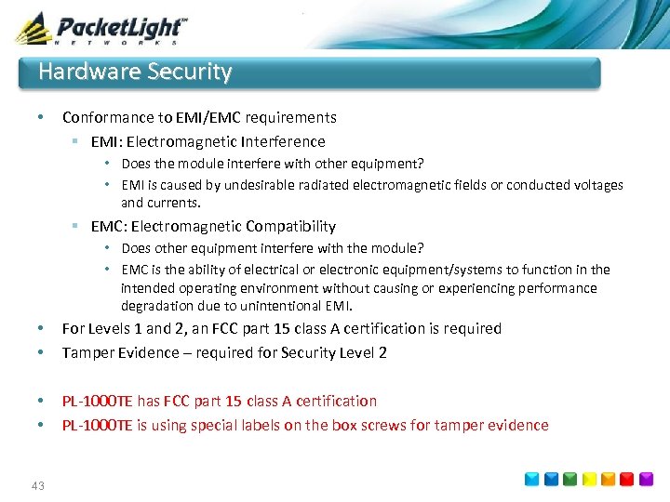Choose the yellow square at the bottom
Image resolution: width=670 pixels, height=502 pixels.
pyautogui.click(x=588, y=479)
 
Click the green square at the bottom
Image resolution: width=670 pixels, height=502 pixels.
pyautogui.click(x=569, y=479)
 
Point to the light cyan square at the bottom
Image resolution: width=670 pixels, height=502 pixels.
pyautogui.click(x=530, y=479)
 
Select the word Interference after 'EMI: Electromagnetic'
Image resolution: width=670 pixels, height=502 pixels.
pyautogui.click(x=285, y=142)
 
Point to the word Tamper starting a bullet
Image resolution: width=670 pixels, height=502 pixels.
pyautogui.click(x=85, y=353)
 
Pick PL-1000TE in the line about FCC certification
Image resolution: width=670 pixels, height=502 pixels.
pyautogui.click(x=98, y=402)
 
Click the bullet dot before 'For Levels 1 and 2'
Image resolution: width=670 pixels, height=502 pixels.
pyautogui.click(x=40, y=329)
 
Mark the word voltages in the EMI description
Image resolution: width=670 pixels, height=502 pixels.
pyautogui.click(x=596, y=185)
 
